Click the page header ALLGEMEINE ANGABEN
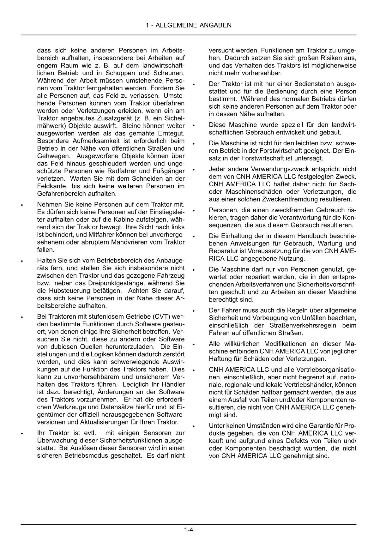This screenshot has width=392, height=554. pyautogui.click(x=189, y=25)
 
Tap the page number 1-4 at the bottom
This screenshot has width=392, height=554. pyautogui.click(x=189, y=530)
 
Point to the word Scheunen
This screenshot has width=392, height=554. pyautogui.click(x=170, y=73)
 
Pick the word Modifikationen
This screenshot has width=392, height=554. pyautogui.click(x=286, y=344)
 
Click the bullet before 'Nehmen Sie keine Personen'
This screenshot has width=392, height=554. pyautogui.click(x=22, y=206)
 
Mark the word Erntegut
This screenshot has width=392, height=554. pyautogui.click(x=172, y=133)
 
